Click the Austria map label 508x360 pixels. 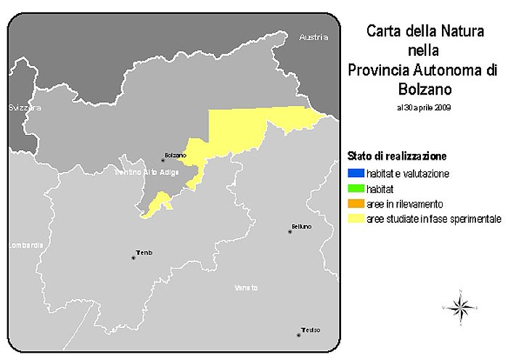click(x=314, y=36)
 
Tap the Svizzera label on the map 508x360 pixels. click(x=25, y=107)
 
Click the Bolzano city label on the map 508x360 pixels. click(x=176, y=155)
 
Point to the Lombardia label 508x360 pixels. click(x=22, y=245)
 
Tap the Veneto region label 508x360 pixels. click(x=246, y=288)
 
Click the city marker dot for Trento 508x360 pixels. click(x=133, y=257)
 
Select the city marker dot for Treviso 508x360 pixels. click(x=298, y=335)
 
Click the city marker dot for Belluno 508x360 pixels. click(x=290, y=232)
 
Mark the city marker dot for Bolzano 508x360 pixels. click(x=163, y=160)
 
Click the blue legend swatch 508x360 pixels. click(x=356, y=173)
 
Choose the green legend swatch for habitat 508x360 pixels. click(x=356, y=188)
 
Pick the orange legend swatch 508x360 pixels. click(x=356, y=202)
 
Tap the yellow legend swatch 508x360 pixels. click(x=356, y=217)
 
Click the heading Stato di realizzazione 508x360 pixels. click(x=396, y=156)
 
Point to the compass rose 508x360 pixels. click(x=461, y=308)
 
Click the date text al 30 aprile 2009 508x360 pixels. click(x=424, y=107)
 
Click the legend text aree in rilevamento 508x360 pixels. click(x=404, y=203)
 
